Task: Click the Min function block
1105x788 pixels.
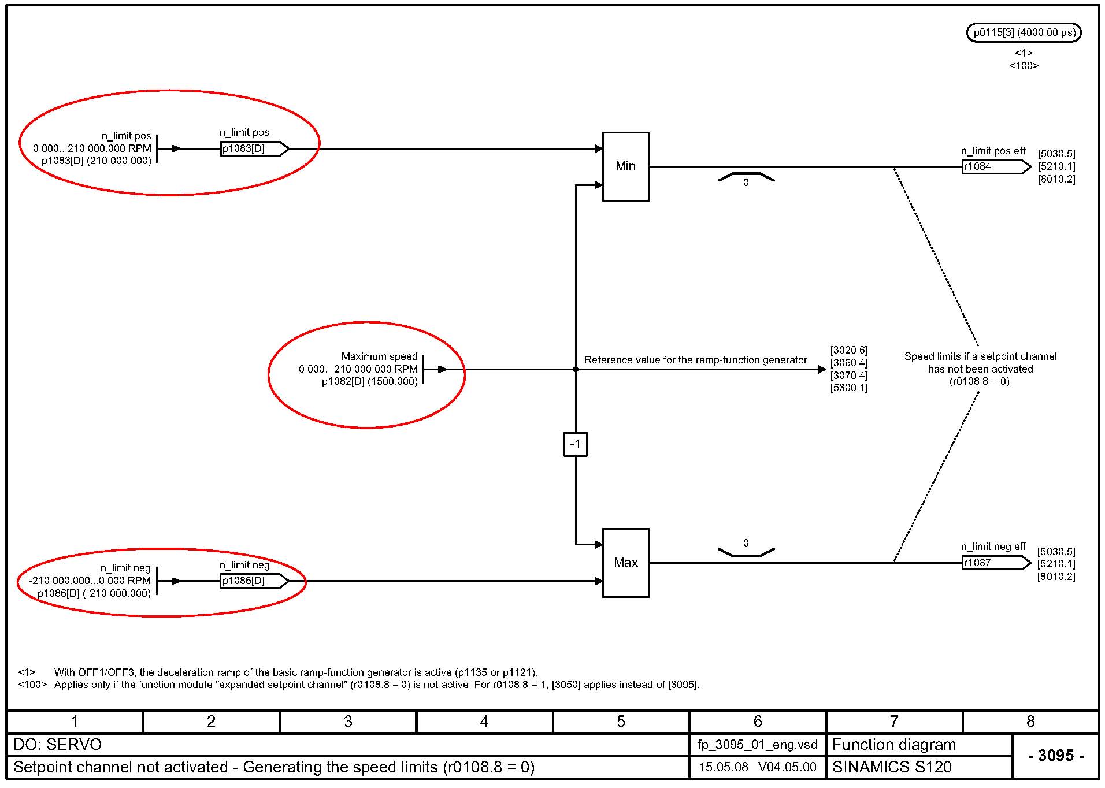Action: [x=625, y=166]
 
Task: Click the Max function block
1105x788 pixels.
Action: [x=625, y=563]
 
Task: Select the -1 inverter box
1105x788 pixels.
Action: [x=575, y=444]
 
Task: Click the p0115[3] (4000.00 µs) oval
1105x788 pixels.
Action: [x=1024, y=32]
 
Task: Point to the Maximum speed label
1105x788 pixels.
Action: [x=379, y=356]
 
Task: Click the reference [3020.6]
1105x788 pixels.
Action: [x=849, y=350]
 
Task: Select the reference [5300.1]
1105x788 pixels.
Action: [x=849, y=388]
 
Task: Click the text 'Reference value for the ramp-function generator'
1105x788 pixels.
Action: [x=695, y=360]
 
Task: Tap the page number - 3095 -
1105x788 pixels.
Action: [x=1056, y=755]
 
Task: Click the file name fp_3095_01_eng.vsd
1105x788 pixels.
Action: [x=757, y=745]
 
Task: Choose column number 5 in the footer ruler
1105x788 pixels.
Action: [x=621, y=722]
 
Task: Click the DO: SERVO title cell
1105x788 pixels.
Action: [x=58, y=745]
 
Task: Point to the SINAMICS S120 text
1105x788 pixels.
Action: [x=892, y=767]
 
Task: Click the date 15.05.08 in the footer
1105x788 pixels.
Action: [x=724, y=767]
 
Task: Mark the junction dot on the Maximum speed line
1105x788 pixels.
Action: [x=576, y=369]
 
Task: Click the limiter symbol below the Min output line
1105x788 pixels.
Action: [x=746, y=178]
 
